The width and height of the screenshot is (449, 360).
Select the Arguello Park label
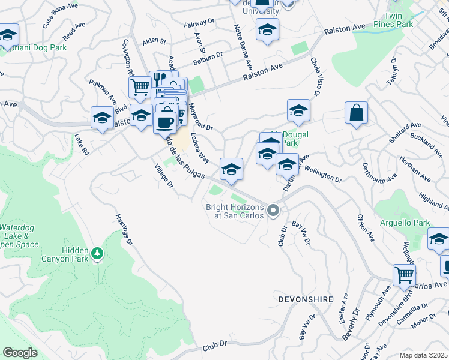(x=405, y=223)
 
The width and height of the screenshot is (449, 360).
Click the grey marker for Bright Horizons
(x=273, y=210)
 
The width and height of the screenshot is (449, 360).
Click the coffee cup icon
(x=164, y=122)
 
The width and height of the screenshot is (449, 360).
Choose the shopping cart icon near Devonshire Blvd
(x=404, y=275)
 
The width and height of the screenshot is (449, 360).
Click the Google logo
(x=20, y=353)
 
